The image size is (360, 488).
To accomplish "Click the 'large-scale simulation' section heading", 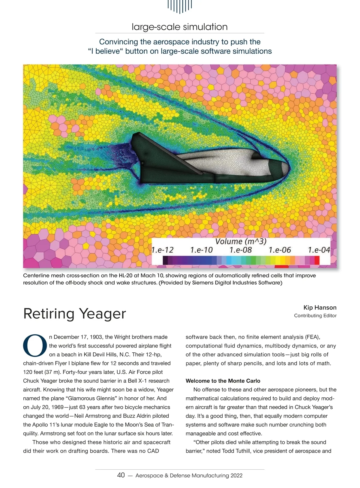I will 179,27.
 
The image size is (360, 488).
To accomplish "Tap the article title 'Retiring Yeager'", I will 74,314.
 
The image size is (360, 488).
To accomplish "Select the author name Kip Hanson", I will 320,307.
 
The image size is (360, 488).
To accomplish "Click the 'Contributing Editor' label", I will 315,316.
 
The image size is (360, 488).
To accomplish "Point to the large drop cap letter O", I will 35,346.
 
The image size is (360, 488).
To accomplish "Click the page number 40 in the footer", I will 121,475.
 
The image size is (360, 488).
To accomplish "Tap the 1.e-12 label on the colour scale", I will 162,250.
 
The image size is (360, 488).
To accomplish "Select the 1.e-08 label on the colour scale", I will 240,250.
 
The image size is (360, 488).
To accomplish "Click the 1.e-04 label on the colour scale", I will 319,250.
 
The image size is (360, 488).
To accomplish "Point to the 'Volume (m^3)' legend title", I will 241,241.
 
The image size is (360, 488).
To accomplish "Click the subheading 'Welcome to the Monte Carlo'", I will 223,381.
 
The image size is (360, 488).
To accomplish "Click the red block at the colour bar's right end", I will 317,260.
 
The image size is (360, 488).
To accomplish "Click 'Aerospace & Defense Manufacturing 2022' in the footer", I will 189,475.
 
